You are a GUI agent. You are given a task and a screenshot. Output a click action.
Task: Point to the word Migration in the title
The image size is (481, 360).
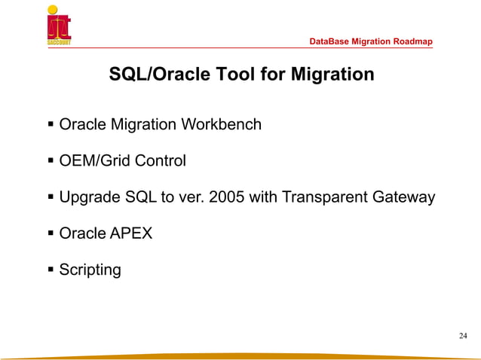coord(329,75)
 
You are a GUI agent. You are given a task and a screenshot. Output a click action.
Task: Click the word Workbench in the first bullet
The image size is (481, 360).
coord(224,124)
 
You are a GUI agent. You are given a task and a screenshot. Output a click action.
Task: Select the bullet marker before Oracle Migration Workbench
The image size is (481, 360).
coord(51,124)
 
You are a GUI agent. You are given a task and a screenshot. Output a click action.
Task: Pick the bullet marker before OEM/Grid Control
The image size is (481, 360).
coord(51,160)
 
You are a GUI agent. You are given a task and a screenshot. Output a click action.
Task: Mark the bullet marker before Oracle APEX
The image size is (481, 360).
coord(51,233)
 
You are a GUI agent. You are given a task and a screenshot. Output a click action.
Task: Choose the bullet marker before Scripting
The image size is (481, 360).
coord(51,270)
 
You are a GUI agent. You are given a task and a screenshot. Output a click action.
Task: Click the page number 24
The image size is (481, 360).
coord(462,335)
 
